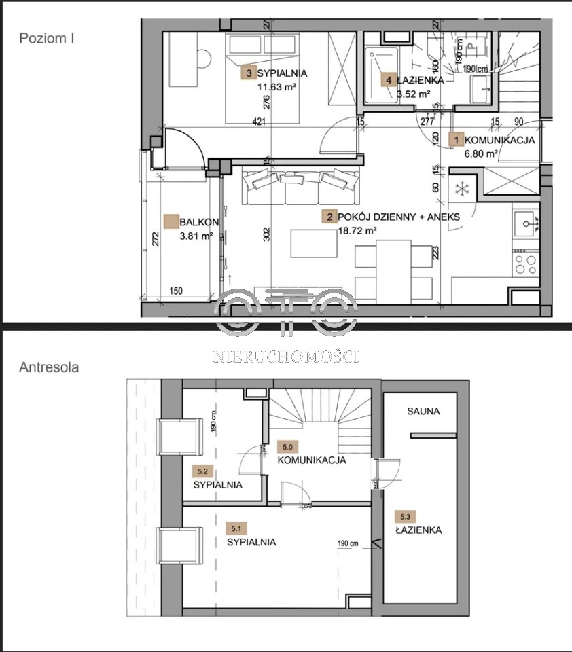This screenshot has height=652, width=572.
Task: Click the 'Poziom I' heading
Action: tap(47, 38)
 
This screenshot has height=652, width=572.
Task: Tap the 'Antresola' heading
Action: tap(49, 367)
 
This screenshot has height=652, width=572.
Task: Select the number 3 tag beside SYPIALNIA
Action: tap(249, 73)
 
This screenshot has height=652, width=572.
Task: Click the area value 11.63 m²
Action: tap(277, 87)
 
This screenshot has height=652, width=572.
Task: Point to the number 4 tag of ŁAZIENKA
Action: tap(389, 80)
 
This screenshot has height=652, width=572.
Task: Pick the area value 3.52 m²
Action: tap(414, 94)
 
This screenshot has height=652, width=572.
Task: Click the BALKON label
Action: tap(196, 223)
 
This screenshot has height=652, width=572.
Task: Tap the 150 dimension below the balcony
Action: tap(176, 291)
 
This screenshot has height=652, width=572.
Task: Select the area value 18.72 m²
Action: tap(357, 230)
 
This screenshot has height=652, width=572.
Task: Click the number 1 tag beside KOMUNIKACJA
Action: tap(456, 140)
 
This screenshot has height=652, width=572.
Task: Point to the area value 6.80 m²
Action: tap(481, 154)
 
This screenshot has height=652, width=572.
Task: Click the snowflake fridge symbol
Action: tap(461, 188)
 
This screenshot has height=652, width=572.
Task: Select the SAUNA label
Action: tap(423, 412)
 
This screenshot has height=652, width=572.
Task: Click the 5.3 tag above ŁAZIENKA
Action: tap(405, 517)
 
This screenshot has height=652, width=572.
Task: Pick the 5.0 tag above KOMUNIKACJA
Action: tap(287, 447)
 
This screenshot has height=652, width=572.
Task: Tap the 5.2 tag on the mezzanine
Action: tap(202, 471)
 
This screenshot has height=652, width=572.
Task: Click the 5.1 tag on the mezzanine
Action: tap(236, 529)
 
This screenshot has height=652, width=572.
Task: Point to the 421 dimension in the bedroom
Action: tap(259, 122)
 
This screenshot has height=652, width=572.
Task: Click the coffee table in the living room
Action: tap(314, 243)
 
